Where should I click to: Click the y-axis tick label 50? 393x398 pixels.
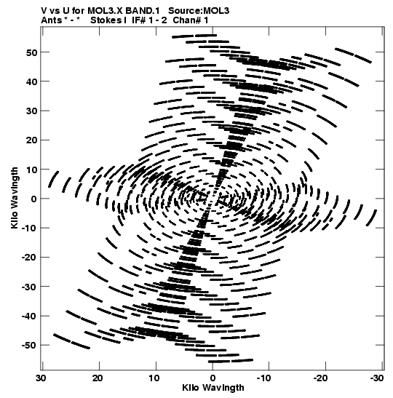click(x=31, y=52)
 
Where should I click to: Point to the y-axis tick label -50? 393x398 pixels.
click(x=29, y=346)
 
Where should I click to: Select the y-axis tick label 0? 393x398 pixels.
click(x=33, y=199)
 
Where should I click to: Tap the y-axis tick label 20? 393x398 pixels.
click(x=31, y=140)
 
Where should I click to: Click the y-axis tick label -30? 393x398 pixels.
click(x=29, y=287)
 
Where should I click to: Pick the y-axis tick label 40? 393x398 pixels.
click(x=31, y=81)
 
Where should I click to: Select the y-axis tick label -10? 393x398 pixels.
click(x=29, y=228)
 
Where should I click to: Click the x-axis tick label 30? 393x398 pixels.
click(x=41, y=378)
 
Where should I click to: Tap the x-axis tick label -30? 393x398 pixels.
click(x=377, y=378)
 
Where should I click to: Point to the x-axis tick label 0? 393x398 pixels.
click(x=213, y=378)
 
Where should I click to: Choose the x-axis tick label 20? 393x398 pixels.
click(x=98, y=378)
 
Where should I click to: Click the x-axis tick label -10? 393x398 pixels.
click(x=263, y=378)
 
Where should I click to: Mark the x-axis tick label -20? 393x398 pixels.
click(x=320, y=378)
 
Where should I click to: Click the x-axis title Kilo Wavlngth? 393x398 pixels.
click(x=213, y=388)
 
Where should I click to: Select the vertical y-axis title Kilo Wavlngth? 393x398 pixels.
click(x=15, y=198)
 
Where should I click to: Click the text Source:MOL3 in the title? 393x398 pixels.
click(x=199, y=11)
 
